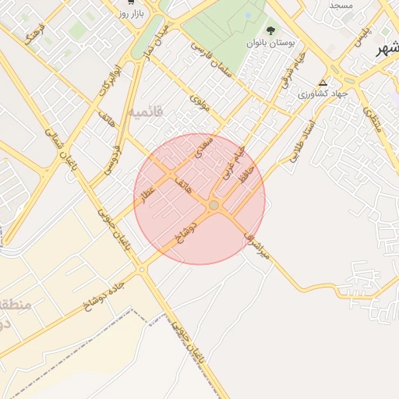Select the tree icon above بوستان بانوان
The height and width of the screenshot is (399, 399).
(x=270, y=31)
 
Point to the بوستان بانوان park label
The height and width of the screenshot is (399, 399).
(x=270, y=44)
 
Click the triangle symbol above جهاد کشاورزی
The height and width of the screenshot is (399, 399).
(x=323, y=82)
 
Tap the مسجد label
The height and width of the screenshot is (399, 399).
(x=341, y=5)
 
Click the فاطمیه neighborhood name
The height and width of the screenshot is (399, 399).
(x=147, y=112)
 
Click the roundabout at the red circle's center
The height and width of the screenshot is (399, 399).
(x=214, y=205)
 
